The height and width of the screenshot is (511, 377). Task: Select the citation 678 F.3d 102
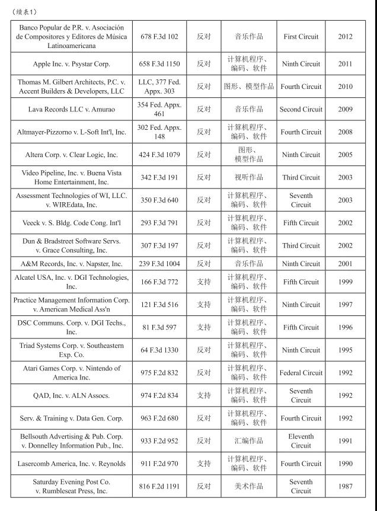159,37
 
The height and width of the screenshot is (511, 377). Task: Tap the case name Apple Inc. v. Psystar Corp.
71,64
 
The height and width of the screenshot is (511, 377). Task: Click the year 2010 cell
345,87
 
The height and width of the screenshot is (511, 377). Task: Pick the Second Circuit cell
301,110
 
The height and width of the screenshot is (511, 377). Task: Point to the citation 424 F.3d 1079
159,155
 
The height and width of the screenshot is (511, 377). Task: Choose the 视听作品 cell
249,177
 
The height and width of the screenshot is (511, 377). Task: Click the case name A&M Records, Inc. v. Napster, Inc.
71,264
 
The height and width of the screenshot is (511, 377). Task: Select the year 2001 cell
345,264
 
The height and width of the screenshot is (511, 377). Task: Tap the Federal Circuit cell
301,373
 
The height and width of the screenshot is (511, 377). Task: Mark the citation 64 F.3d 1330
159,350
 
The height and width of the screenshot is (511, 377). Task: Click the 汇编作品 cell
249,441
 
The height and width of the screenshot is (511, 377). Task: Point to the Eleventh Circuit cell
301,441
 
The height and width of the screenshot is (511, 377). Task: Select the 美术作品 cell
249,487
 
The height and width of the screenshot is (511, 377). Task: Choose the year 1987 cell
345,487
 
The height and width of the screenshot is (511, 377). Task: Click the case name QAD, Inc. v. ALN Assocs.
71,395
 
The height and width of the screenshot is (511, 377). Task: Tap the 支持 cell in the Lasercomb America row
203,464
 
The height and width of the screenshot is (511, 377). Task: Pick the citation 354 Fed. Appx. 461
159,110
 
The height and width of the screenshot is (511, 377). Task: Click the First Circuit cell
301,37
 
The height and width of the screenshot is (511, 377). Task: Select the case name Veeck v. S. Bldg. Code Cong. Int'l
71,223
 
